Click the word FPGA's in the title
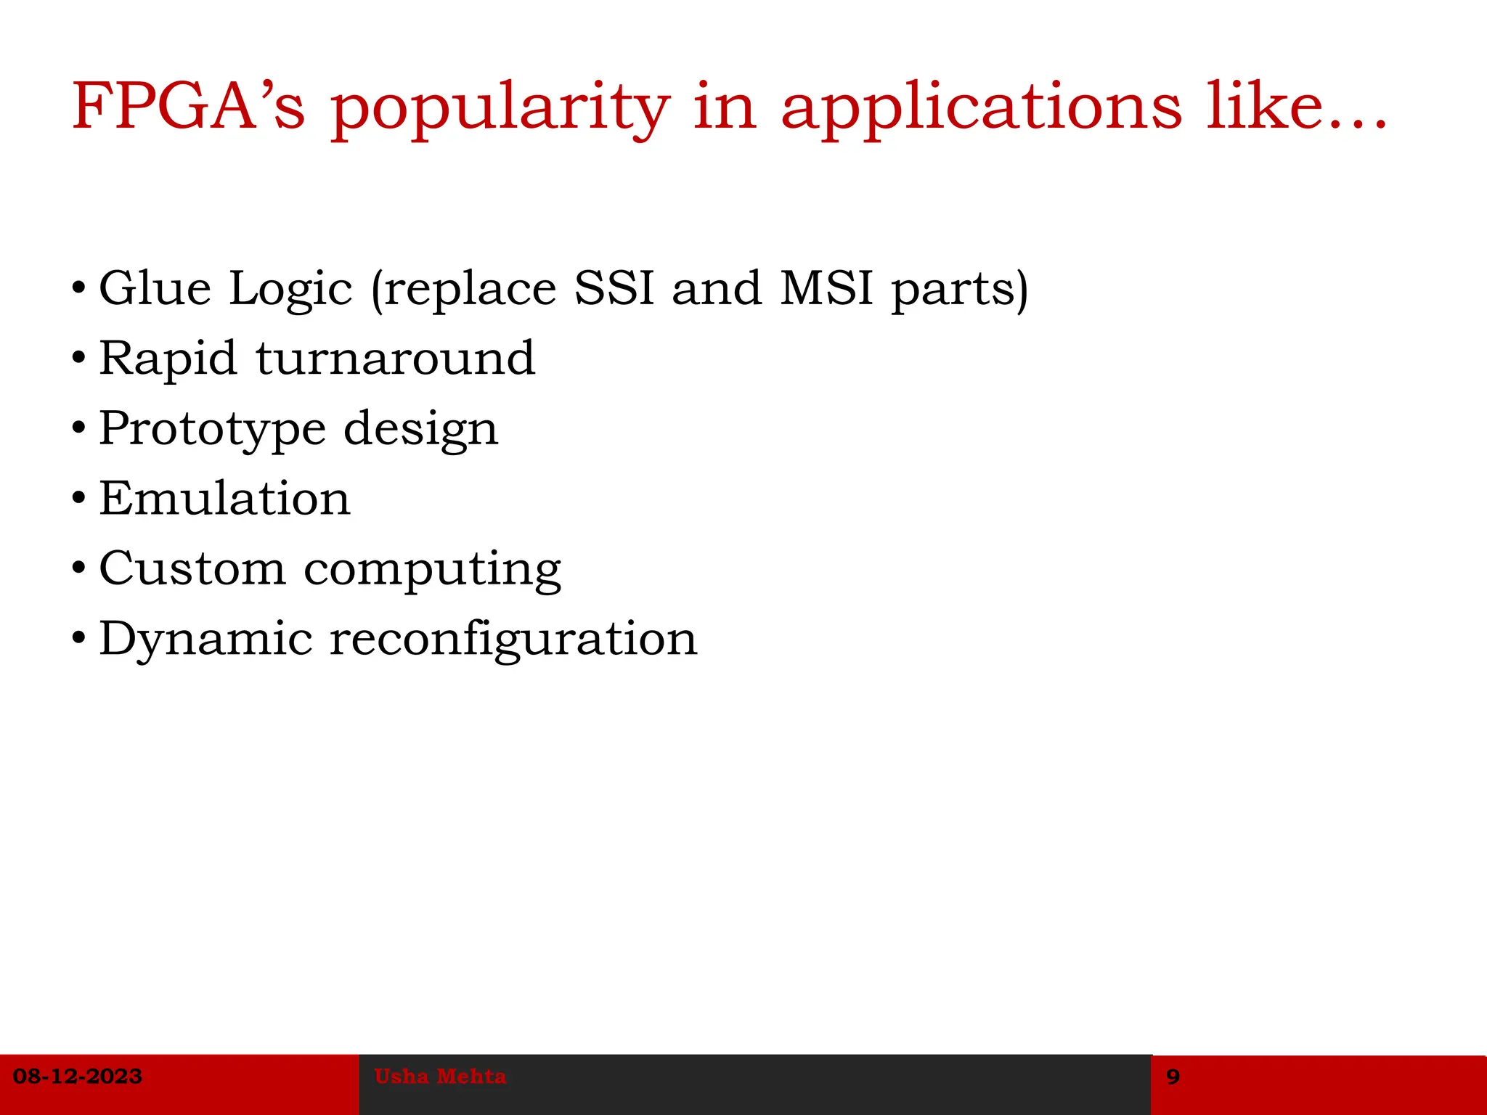point(188,107)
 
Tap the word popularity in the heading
point(500,109)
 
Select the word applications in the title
point(981,109)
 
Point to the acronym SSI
point(614,288)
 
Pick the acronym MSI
point(826,288)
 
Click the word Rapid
point(168,359)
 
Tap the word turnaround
point(396,359)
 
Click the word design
point(421,429)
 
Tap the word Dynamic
point(206,640)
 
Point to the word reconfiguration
point(513,640)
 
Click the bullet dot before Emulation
point(79,499)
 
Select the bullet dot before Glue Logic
point(79,289)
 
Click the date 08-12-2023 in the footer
point(78,1077)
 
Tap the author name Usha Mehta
point(440,1077)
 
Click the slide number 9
point(1173,1077)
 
